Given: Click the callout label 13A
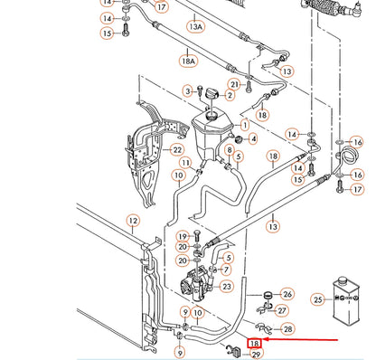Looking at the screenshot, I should [x=196, y=27].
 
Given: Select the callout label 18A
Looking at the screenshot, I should [x=188, y=61].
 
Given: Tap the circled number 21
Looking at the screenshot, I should [x=234, y=84].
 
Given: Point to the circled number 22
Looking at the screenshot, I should [x=177, y=149].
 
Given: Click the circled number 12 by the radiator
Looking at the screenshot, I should [x=133, y=220].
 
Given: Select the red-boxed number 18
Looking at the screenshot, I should [x=255, y=345].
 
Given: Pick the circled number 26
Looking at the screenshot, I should [x=287, y=294].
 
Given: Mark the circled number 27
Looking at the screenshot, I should [x=287, y=311].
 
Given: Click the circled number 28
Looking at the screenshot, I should [x=287, y=328].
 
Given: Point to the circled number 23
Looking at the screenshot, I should [x=227, y=287].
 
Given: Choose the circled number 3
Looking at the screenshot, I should [x=188, y=90].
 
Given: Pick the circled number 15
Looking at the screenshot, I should [x=107, y=33].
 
